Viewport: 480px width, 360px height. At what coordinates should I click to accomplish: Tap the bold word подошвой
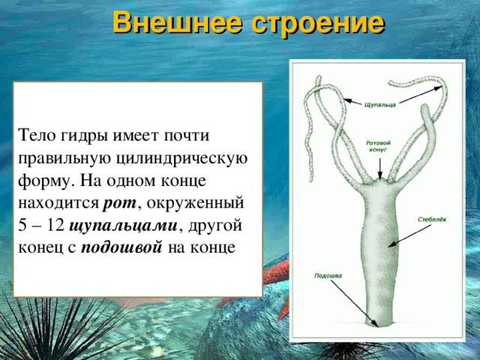pos(121,246)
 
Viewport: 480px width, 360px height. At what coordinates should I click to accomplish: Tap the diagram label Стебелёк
pos(432,220)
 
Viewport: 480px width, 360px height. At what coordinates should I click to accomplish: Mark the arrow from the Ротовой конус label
pos(381,165)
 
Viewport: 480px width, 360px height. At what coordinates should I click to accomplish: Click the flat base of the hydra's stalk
pos(379,324)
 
